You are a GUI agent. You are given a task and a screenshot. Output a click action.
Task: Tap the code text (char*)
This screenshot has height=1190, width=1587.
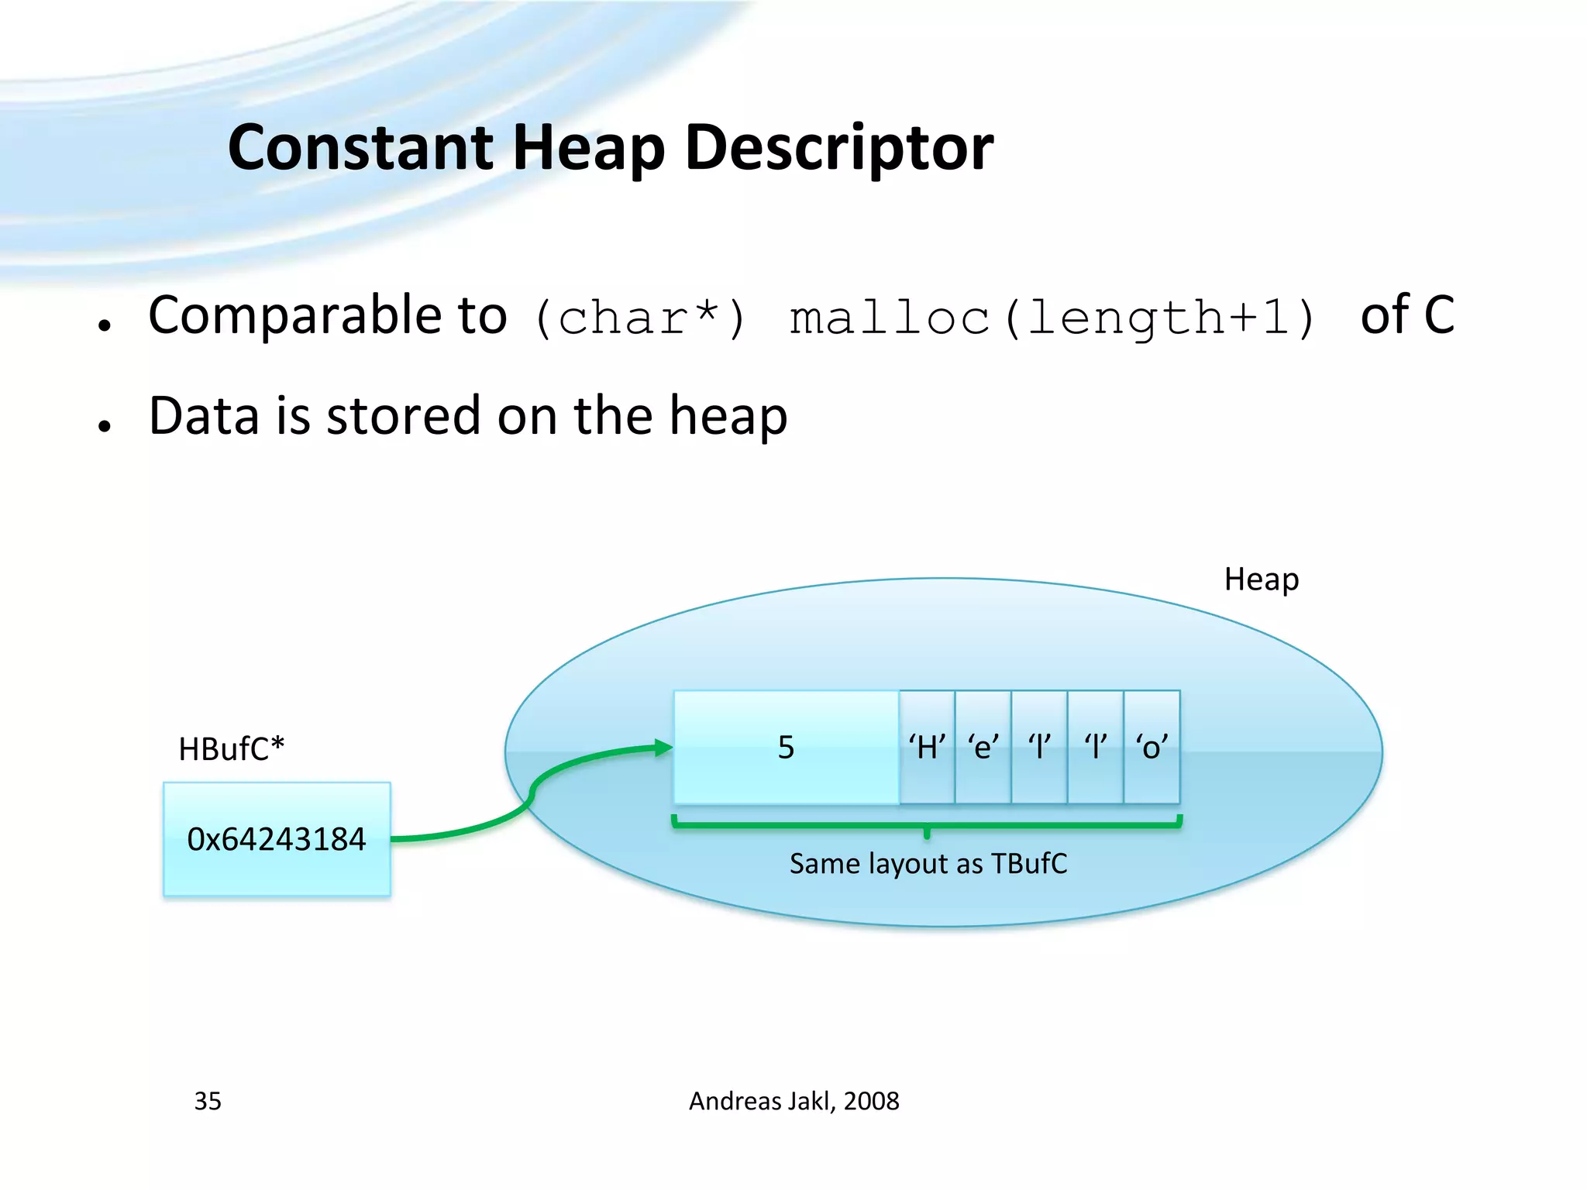pyautogui.click(x=640, y=318)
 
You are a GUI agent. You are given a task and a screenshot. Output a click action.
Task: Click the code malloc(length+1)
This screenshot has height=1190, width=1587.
pyautogui.click(x=1052, y=318)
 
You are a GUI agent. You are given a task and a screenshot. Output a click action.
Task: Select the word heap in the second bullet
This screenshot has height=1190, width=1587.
pyautogui.click(x=728, y=416)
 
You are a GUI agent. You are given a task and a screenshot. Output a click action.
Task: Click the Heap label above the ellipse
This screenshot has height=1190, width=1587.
pyautogui.click(x=1261, y=580)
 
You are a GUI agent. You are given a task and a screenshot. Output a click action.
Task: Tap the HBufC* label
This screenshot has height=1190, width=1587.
pyautogui.click(x=231, y=749)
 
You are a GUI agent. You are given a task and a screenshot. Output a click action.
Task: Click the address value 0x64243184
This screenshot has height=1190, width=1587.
pyautogui.click(x=277, y=839)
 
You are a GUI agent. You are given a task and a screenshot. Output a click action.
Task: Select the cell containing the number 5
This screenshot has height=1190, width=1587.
pyautogui.click(x=786, y=748)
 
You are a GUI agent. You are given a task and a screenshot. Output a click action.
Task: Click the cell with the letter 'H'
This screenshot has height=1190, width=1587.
pyautogui.click(x=927, y=748)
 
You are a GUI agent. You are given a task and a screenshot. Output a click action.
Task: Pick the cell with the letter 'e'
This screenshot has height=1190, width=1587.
pyautogui.click(x=983, y=748)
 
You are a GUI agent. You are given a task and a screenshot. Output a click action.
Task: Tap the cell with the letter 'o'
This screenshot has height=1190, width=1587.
pyautogui.click(x=1152, y=748)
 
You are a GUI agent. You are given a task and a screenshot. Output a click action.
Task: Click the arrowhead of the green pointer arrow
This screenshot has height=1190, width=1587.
pyautogui.click(x=663, y=748)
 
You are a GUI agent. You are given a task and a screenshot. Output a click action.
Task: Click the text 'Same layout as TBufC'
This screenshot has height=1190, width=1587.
pyautogui.click(x=928, y=863)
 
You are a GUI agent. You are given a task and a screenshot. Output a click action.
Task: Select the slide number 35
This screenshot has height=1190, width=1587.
pyautogui.click(x=208, y=1101)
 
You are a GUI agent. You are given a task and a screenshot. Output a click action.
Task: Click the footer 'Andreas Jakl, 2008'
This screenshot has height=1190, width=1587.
pyautogui.click(x=793, y=1101)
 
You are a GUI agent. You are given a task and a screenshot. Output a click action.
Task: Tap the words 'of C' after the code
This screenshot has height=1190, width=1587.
pyautogui.click(x=1406, y=315)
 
